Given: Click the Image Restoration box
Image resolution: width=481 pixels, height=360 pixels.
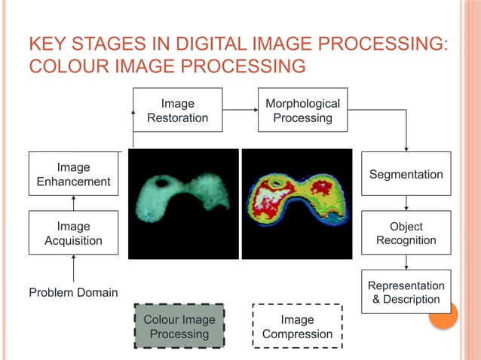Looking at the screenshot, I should pos(178,111).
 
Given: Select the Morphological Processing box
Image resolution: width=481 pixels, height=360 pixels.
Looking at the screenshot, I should pos(302,111).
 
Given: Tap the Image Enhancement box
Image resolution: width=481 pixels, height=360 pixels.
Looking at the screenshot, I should pos(73,174).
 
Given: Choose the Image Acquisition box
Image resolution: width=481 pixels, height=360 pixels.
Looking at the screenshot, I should pos(73,233).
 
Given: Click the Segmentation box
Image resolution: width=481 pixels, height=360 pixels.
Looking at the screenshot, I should pos(406,174).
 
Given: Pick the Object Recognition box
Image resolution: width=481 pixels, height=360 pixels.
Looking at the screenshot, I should pos(406,233).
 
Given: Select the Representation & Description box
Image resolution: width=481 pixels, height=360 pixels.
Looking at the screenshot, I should pos(406,292).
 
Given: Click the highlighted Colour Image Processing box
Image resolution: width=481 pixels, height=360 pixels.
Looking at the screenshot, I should pos(179,326).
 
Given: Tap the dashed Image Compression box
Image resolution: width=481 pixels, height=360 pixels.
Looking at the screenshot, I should pos(297,326).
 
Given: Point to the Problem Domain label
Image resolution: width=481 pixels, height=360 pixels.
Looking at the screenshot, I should pos(73,292).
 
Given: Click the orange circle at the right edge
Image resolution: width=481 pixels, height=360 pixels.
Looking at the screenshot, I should pos(443,315).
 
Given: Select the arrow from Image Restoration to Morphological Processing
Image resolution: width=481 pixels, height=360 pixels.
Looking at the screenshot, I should pos(240,111).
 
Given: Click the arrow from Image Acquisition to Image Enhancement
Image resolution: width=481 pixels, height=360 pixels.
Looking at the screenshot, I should pos(73,203).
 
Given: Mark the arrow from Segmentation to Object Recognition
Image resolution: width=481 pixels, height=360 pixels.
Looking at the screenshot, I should pos(406,203).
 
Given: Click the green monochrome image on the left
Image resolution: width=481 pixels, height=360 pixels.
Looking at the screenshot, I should pos(183,204).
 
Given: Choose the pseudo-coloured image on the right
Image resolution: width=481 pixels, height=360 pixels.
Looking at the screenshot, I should pos(296,204).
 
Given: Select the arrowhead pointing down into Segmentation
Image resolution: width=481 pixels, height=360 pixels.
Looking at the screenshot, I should pos(406,148).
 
